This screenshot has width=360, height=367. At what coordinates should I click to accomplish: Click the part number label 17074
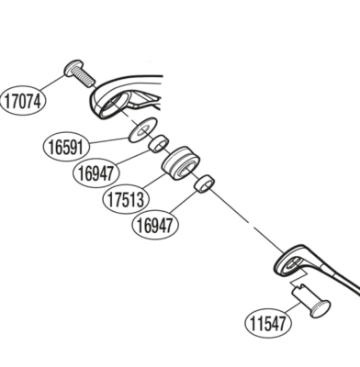tap(23, 101)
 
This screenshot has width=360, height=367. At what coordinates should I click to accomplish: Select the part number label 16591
tap(67, 147)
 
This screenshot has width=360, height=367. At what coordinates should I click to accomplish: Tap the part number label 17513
tap(126, 199)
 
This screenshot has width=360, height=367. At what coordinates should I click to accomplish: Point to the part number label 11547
tap(268, 323)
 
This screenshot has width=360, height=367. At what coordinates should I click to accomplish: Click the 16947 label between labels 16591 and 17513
tap(96, 172)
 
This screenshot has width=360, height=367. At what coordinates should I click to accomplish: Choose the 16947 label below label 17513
tap(155, 226)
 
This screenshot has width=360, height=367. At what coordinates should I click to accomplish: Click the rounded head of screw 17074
tap(73, 68)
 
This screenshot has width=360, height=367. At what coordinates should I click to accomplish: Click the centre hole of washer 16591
tap(143, 130)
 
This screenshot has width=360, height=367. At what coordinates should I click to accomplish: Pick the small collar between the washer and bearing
tap(159, 143)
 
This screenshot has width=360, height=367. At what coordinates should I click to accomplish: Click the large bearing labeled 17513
tap(181, 163)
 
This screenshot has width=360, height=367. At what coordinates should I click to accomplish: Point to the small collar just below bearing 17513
tap(204, 183)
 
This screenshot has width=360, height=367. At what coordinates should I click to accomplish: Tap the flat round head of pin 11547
tap(320, 308)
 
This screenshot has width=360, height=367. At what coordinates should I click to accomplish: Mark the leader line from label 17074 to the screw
tap(52, 82)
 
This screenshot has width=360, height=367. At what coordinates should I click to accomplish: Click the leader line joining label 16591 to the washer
tap(109, 140)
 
